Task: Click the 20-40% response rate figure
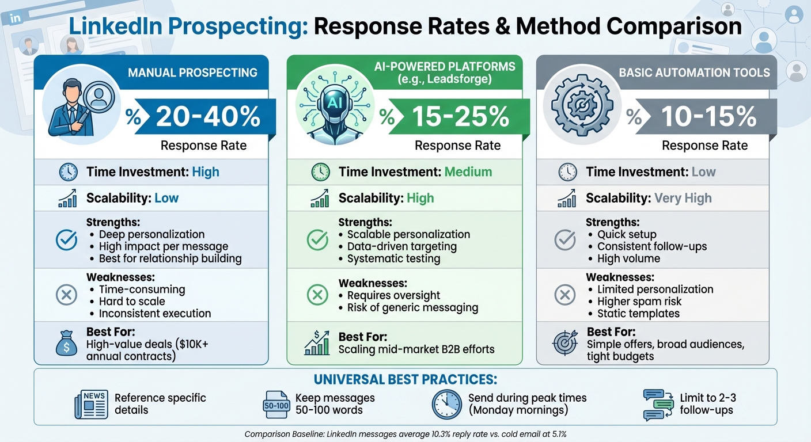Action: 207,117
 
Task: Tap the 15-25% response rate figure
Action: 460,117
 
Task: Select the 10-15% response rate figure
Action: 708,117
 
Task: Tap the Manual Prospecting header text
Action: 192,73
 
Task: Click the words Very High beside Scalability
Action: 683,199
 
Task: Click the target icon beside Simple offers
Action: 564,344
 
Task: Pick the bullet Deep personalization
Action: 151,234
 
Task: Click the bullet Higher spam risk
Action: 639,302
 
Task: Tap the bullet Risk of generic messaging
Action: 412,307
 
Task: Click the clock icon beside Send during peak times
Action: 446,404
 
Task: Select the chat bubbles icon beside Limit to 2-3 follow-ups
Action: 658,404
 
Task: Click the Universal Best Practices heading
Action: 405,380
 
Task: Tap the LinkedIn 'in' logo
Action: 16,18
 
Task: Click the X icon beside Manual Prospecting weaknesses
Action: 66,296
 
